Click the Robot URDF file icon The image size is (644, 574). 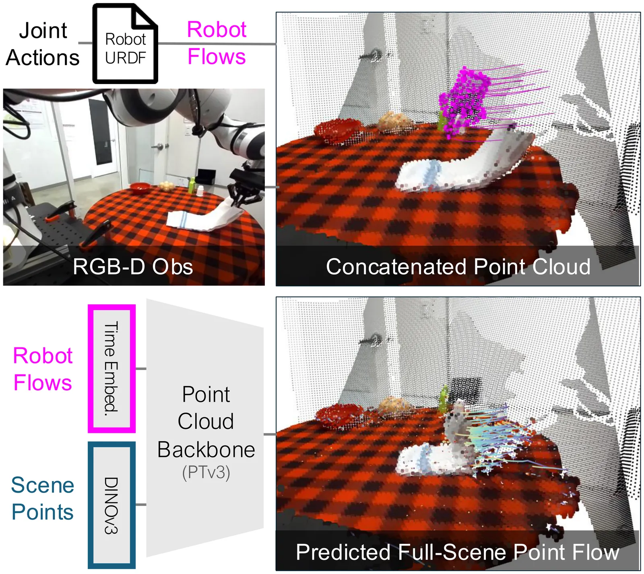coord(125,44)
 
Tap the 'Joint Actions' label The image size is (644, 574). coord(43,44)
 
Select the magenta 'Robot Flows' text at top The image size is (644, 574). coord(217,43)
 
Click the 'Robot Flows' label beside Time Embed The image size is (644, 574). coord(43,369)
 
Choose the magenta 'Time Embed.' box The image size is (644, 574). coord(111,368)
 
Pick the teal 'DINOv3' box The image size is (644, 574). coord(111,505)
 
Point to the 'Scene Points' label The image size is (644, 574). coord(43,498)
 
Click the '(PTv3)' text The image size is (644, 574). coord(206,472)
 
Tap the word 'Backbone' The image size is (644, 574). coord(206,449)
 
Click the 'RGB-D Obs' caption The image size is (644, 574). coord(133,266)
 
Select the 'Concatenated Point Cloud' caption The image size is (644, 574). coord(458,266)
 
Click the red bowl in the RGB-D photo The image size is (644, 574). coord(140,188)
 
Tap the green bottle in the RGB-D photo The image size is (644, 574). coord(192,185)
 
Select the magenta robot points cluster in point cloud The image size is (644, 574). coord(465,101)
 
